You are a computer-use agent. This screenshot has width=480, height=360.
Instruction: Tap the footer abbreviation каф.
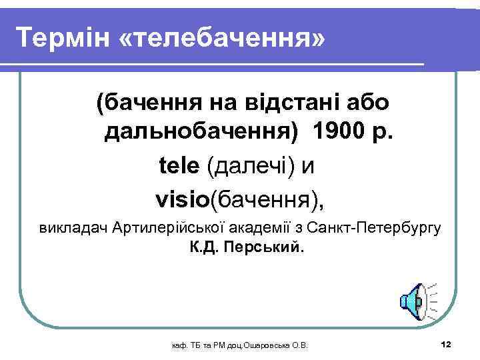(179, 345)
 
